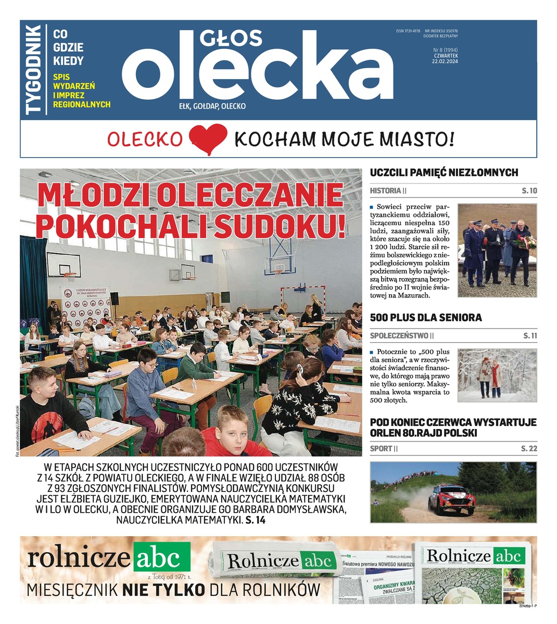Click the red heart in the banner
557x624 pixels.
coord(208,139)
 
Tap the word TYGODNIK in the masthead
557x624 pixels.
coord(33,69)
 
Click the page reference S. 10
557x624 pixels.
coord(529,191)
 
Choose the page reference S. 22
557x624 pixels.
coord(529,448)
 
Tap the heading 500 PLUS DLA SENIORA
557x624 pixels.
coord(426,317)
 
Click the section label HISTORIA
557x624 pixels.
coord(385,191)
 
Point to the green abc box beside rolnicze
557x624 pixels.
coord(161,558)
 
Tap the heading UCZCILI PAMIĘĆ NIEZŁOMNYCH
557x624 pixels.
coord(444,173)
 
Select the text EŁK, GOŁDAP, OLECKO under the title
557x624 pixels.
coord(212,106)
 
